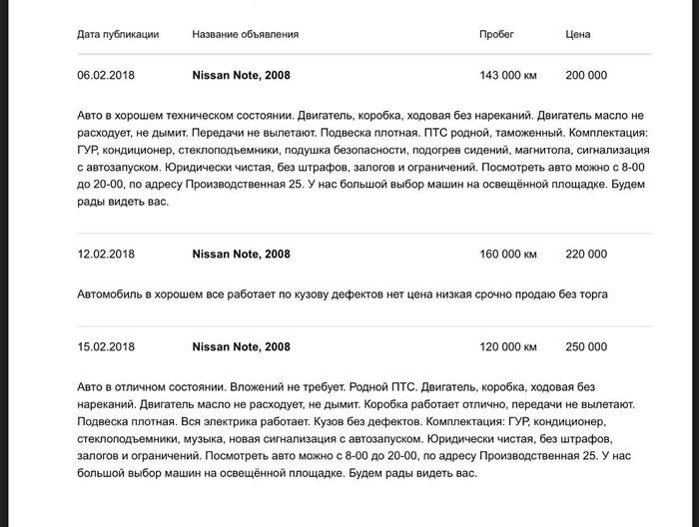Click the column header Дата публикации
click(x=118, y=34)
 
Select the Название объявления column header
click(x=245, y=34)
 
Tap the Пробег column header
click(x=496, y=34)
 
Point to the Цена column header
click(x=577, y=34)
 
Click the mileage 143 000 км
click(x=508, y=76)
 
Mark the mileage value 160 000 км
click(x=508, y=255)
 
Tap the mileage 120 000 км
click(x=508, y=347)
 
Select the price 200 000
click(x=585, y=76)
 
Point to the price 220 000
click(x=585, y=255)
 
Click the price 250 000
click(x=585, y=347)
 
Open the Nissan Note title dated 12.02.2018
click(x=241, y=255)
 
